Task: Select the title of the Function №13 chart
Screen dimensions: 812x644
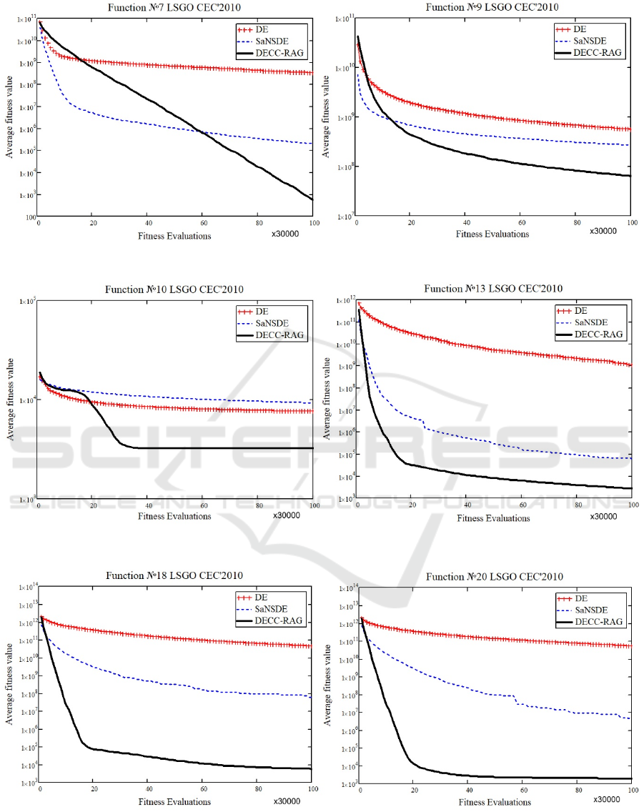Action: coord(493,289)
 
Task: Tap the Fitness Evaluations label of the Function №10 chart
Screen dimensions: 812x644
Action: coord(174,515)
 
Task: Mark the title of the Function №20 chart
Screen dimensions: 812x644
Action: coord(493,576)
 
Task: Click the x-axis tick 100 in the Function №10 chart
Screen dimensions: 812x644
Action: coord(312,505)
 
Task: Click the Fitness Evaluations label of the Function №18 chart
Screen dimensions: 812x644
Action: coord(174,802)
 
